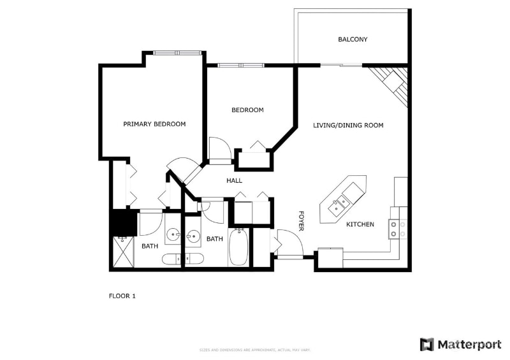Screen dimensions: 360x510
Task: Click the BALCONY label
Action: pyautogui.click(x=352, y=40)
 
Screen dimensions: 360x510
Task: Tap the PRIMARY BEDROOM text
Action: pyautogui.click(x=154, y=124)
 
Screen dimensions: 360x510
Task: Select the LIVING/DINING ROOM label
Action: pyautogui.click(x=348, y=126)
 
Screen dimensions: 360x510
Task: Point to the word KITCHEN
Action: pyautogui.click(x=360, y=225)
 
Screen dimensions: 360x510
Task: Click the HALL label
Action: pyautogui.click(x=234, y=181)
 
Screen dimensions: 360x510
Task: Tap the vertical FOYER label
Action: pyautogui.click(x=303, y=220)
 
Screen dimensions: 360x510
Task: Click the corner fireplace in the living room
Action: pyautogui.click(x=390, y=82)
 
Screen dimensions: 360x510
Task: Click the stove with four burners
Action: pyautogui.click(x=398, y=229)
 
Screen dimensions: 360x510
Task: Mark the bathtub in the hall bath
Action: pyautogui.click(x=238, y=248)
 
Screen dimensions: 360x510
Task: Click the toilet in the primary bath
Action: pyautogui.click(x=170, y=259)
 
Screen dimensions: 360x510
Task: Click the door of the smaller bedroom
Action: pyautogui.click(x=219, y=148)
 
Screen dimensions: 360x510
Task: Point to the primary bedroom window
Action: pyautogui.click(x=176, y=52)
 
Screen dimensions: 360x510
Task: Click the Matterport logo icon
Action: pyautogui.click(x=426, y=345)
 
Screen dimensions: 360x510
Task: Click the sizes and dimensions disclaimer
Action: pyautogui.click(x=254, y=350)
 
